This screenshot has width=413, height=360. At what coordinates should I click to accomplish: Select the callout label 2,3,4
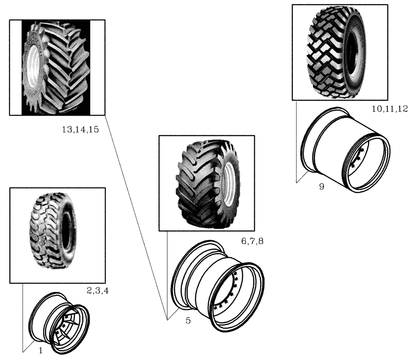(x=98, y=291)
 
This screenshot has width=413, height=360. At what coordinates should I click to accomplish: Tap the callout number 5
(x=188, y=320)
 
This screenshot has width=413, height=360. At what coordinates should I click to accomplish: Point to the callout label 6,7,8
(x=252, y=241)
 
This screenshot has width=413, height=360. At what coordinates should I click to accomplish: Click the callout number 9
(x=322, y=186)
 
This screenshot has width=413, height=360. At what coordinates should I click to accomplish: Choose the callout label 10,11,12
(x=389, y=109)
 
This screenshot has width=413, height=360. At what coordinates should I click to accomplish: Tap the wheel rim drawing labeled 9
(x=345, y=149)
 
